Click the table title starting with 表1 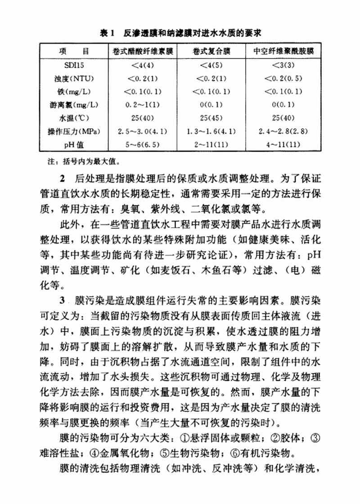(x=180, y=33)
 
